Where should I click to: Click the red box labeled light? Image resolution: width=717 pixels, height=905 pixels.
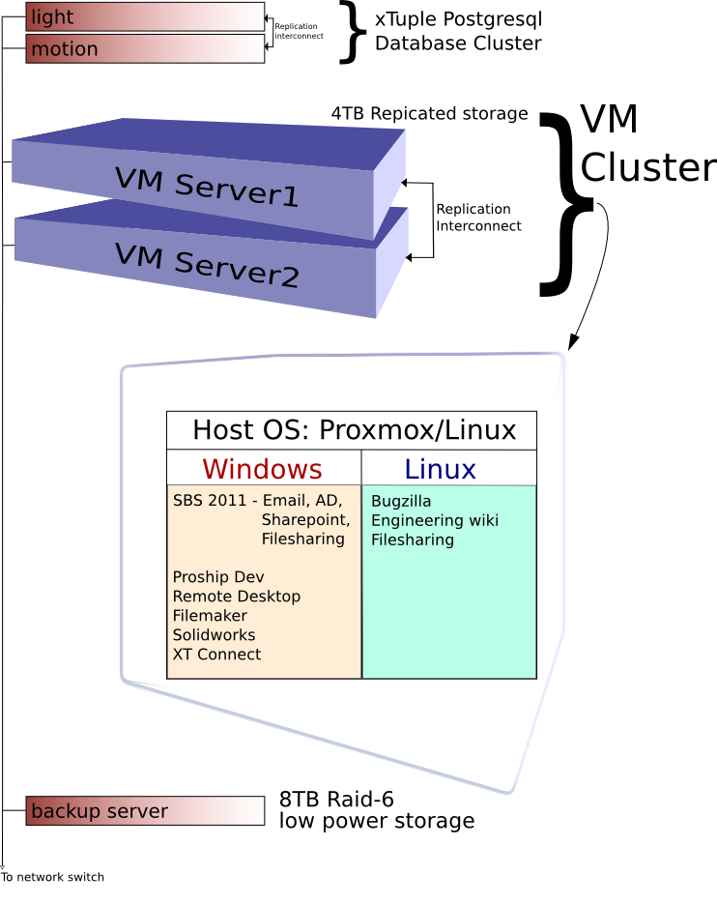click(145, 16)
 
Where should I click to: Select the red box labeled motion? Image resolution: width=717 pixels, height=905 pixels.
click(145, 48)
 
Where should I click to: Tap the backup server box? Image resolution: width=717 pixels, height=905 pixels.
click(145, 811)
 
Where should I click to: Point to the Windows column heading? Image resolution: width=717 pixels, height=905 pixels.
click(262, 469)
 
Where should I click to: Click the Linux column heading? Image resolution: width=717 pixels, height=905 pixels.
click(440, 469)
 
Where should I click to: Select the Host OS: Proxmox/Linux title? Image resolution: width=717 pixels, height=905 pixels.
click(354, 429)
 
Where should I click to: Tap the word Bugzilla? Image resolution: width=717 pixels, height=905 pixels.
click(401, 501)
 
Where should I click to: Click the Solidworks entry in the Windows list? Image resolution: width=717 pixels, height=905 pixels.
click(215, 635)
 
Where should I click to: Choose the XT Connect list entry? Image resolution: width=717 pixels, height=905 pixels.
click(216, 655)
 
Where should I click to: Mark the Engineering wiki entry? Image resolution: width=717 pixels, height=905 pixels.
click(435, 520)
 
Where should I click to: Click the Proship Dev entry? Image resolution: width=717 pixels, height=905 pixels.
click(218, 577)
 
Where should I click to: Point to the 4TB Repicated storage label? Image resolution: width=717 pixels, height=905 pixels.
click(429, 114)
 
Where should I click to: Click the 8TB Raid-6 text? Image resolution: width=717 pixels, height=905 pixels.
click(336, 800)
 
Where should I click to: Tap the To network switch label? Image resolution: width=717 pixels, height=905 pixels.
click(52, 877)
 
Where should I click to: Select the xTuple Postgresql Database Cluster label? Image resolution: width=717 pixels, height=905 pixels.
click(458, 30)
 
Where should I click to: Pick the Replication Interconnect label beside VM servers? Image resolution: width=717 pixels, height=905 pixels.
click(478, 218)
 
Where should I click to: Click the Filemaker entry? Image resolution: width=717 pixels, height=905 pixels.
click(210, 616)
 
